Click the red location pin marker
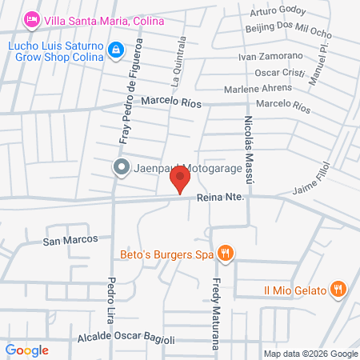(182, 178)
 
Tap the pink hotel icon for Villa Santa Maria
(32, 18)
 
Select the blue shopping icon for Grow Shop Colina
(117, 50)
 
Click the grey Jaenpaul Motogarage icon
(121, 167)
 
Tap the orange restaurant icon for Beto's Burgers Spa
(226, 254)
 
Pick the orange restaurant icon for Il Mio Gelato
(339, 289)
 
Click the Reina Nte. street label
(218, 205)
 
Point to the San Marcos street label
(70, 239)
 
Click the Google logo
(27, 350)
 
